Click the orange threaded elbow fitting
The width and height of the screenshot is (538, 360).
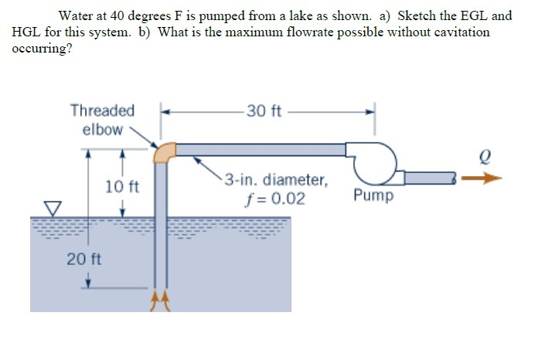click(x=163, y=151)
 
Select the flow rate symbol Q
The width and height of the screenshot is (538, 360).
click(x=485, y=155)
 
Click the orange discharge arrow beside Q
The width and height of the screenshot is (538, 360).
click(x=486, y=178)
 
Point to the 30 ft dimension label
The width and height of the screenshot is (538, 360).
click(x=264, y=111)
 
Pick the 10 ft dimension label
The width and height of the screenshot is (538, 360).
click(x=121, y=186)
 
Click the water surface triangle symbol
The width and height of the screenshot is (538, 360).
click(x=51, y=208)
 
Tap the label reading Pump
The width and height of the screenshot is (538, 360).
click(x=373, y=195)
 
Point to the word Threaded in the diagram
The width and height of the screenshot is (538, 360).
click(x=102, y=111)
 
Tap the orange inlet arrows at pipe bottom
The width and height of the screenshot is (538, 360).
click(x=159, y=300)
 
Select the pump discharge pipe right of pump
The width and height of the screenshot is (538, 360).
click(x=430, y=178)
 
